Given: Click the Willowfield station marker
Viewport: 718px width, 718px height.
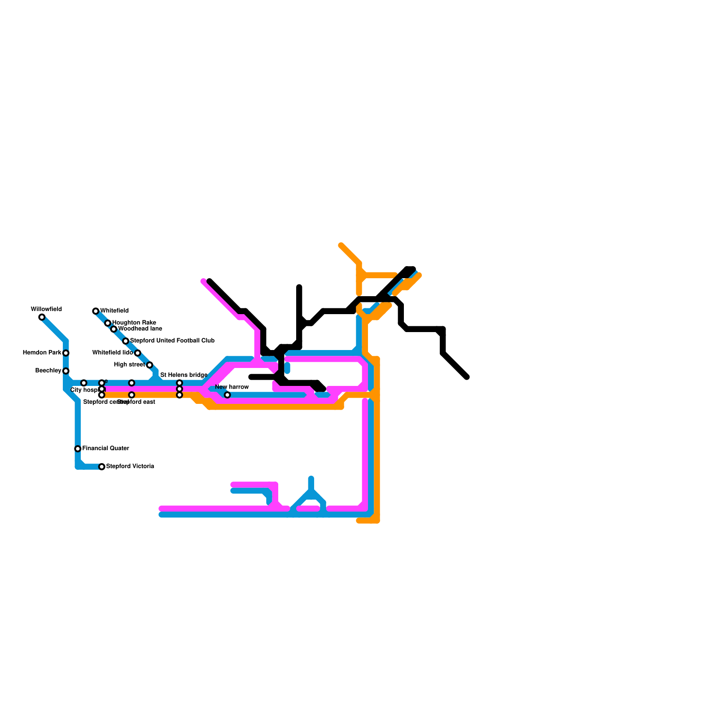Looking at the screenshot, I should coord(42,317).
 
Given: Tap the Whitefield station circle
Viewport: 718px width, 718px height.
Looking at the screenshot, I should coord(96,311).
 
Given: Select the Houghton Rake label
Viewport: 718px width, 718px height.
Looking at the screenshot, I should coord(134,323).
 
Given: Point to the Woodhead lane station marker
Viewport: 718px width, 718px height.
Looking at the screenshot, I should coord(114,329).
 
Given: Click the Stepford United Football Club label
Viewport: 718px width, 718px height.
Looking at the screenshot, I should coord(172,341).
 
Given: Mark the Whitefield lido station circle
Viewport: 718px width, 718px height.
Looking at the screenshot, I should coord(138,353).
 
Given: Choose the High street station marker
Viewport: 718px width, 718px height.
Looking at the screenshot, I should coord(149,365).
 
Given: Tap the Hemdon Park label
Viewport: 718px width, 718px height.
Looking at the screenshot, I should coord(42,353).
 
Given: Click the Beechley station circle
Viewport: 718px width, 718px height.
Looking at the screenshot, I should coord(66,371).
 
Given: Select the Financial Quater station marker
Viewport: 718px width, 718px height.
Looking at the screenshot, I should coord(78,449).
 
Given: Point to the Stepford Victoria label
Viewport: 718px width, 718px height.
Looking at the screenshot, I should coord(130,466).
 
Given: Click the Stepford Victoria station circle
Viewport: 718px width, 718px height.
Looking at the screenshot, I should coord(102,467).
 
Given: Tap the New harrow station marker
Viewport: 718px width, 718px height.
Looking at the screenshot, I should coord(228,395).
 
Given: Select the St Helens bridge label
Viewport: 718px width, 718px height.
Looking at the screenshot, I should coord(184,375).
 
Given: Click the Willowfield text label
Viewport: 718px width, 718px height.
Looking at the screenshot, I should coord(46,309).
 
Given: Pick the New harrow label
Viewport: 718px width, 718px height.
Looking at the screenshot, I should coord(232,387).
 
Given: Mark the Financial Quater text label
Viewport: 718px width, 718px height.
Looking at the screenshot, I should coord(105,448).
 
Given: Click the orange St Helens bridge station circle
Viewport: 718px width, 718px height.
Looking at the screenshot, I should coord(179,395).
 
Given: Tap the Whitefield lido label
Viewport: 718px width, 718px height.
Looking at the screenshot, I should coord(112,353).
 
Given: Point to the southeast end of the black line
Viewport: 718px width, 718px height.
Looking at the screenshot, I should coord(467,377).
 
